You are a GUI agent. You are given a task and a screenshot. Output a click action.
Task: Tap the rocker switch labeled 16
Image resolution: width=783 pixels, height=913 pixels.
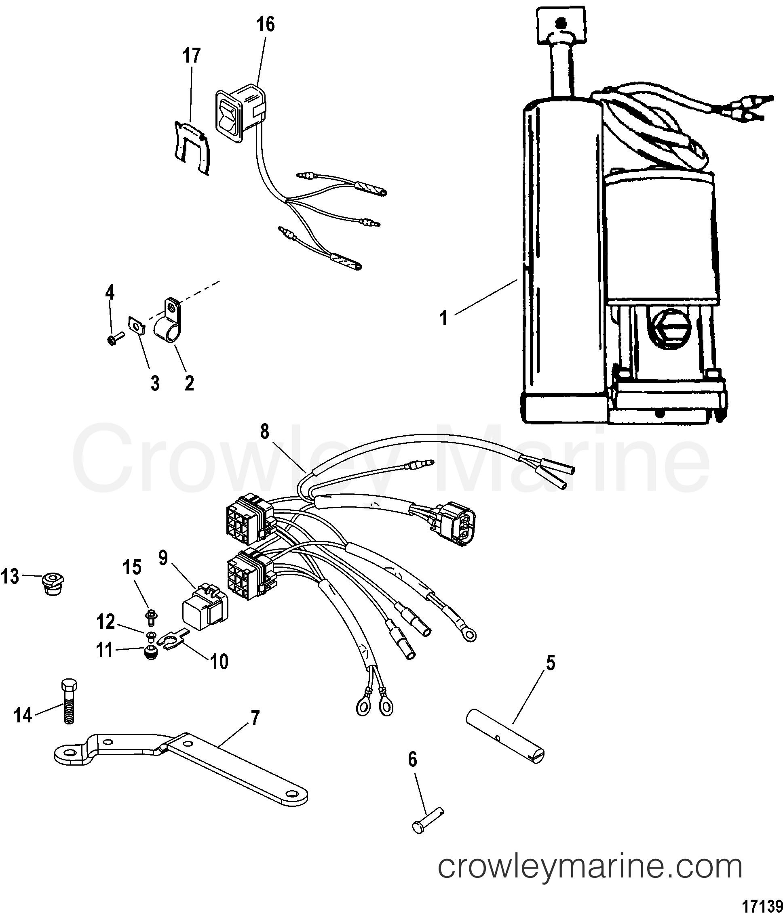(x=241, y=115)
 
